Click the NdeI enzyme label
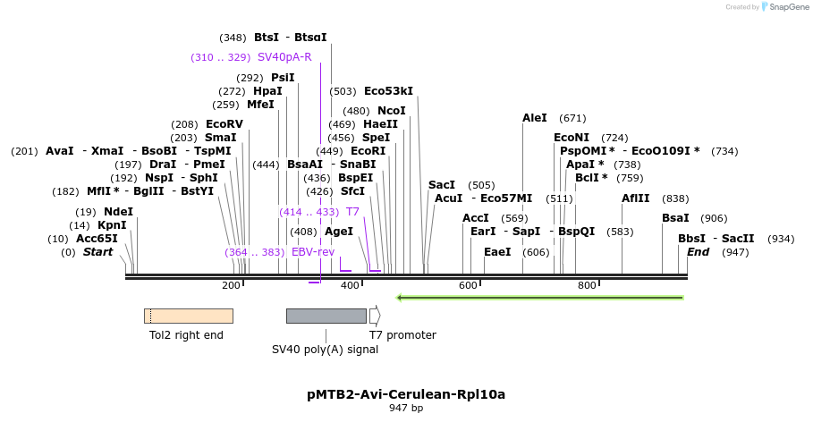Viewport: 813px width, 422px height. [x=118, y=212]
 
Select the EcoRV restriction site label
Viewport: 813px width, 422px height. [x=224, y=124]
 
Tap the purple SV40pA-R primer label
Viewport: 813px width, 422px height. [x=284, y=57]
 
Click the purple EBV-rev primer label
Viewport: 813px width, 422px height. [x=313, y=252]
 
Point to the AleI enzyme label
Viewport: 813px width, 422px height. [x=534, y=118]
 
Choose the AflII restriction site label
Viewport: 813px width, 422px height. [x=636, y=198]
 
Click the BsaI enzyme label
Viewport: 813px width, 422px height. [x=675, y=218]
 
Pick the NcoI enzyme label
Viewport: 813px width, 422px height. [x=392, y=111]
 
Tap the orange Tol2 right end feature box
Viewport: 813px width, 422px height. [x=188, y=316]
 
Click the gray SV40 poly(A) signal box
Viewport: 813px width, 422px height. [x=326, y=316]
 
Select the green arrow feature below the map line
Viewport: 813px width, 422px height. [x=540, y=298]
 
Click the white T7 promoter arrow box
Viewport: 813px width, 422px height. [x=375, y=316]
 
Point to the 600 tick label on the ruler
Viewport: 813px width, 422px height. [x=468, y=285]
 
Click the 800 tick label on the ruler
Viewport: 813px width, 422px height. [x=587, y=285]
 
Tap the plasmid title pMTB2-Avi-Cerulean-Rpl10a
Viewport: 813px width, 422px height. [x=406, y=393]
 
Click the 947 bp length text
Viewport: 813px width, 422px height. [x=406, y=409]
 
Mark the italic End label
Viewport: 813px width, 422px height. [x=698, y=252]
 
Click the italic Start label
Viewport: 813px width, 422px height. [x=97, y=252]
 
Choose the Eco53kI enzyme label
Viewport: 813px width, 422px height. [x=388, y=91]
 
